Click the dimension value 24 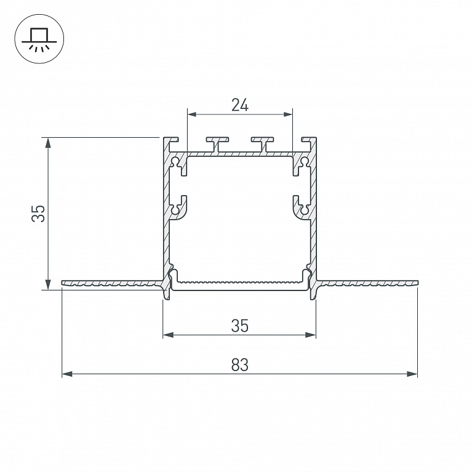(240, 105)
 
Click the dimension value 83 (240, 365)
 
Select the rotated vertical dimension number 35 (38, 214)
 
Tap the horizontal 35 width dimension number (240, 326)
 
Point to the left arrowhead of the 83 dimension (67, 374)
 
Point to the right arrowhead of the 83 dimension (412, 374)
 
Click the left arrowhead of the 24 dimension (193, 114)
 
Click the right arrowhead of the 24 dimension (287, 114)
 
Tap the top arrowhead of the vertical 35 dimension (48, 143)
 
